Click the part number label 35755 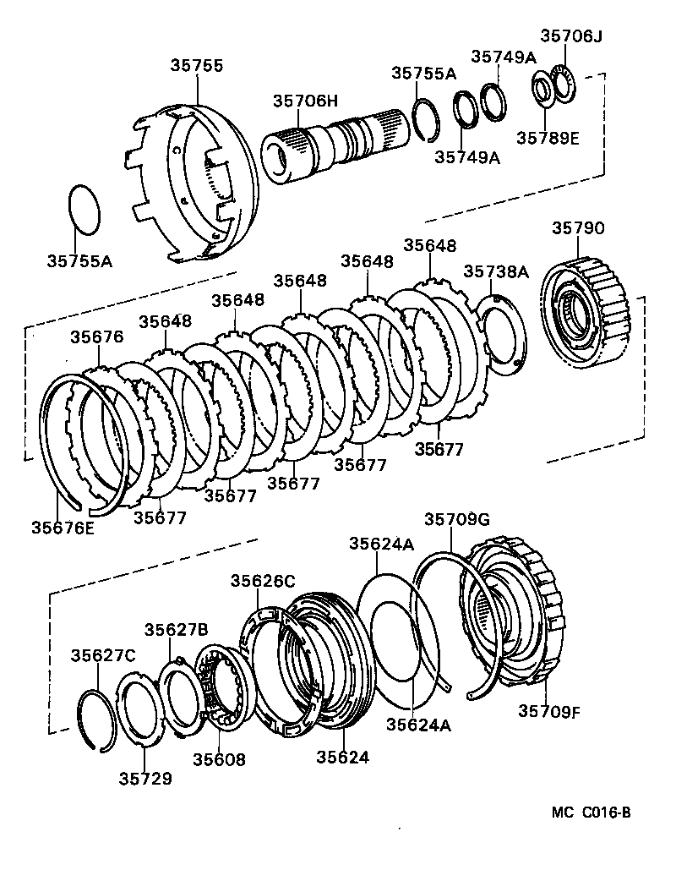tap(196, 65)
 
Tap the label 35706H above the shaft tap(305, 101)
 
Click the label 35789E tap(548, 138)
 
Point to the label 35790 tap(579, 228)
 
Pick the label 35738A tap(496, 271)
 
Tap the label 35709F tap(549, 711)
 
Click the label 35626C tap(263, 580)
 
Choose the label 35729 tap(145, 778)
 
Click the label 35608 tap(218, 759)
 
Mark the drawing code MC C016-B tap(591, 813)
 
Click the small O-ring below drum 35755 tap(84, 208)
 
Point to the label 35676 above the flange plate tap(96, 337)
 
